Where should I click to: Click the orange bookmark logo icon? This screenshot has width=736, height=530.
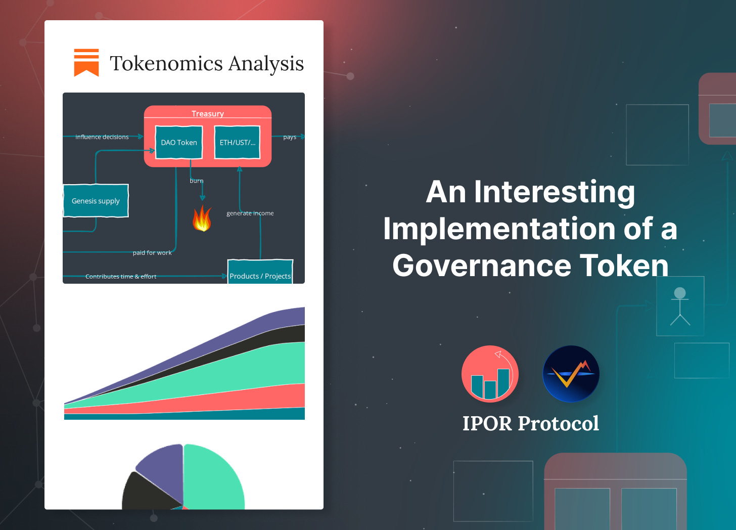[x=86, y=63]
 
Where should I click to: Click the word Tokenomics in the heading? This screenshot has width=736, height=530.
[x=166, y=64]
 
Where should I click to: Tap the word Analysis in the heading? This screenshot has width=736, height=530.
[x=266, y=64]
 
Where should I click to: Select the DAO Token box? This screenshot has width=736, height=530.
[x=179, y=142]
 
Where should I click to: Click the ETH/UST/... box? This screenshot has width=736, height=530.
[x=237, y=142]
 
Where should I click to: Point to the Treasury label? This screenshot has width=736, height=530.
[x=207, y=113]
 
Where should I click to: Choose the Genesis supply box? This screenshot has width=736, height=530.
[x=96, y=201]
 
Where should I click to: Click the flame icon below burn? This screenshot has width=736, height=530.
[x=202, y=218]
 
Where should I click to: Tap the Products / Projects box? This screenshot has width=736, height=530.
[x=260, y=273]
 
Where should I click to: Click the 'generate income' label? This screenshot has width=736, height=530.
[x=250, y=213]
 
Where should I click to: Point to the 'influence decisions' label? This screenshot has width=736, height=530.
[x=102, y=137]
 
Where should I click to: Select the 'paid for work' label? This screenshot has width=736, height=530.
[x=152, y=252]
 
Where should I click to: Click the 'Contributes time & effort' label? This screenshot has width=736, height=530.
[x=121, y=276]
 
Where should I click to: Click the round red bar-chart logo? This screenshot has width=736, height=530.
[x=490, y=374]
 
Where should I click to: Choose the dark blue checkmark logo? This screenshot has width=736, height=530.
[x=571, y=374]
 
